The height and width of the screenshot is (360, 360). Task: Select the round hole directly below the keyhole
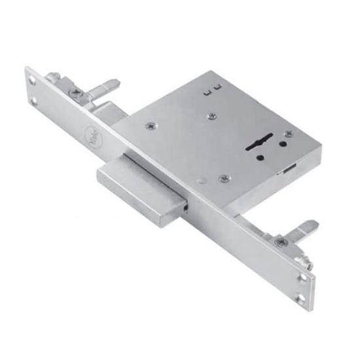pyautogui.click(x=261, y=157)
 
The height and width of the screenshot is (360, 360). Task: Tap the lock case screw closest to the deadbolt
pyautogui.click(x=224, y=177)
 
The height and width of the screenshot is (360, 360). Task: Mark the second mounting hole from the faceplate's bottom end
pyautogui.click(x=304, y=276)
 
